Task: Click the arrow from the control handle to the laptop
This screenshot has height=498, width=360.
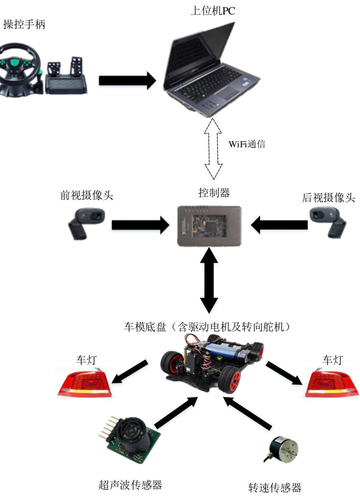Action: coord(127,80)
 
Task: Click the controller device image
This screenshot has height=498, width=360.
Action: coord(210,226)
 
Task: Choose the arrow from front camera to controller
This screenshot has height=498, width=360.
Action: coord(140,225)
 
